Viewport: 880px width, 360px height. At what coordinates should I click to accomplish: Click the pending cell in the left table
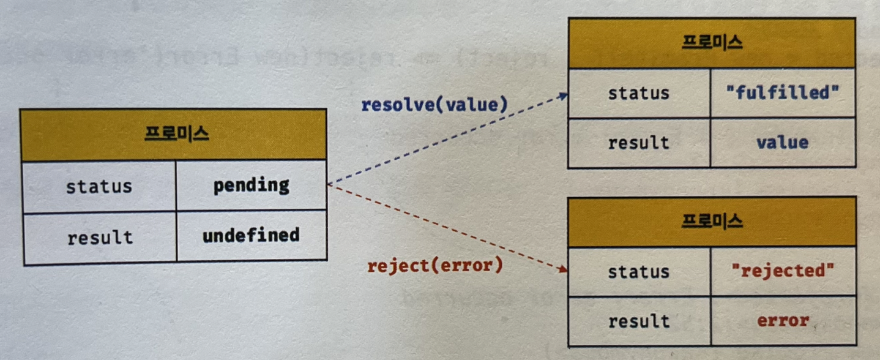pos(251,186)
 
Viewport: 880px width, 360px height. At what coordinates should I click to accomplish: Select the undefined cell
pos(251,235)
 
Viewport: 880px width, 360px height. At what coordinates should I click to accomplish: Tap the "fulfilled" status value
pos(782,94)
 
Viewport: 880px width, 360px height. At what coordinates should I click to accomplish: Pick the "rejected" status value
pos(782,271)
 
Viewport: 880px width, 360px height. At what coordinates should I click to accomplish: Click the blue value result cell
pos(782,143)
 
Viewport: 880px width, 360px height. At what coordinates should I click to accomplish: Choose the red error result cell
pos(782,320)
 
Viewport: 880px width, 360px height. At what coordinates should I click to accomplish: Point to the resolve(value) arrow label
pos(434,105)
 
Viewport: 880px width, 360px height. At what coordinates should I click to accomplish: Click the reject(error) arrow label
pos(434,266)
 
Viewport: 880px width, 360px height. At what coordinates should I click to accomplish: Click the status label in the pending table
pos(99,186)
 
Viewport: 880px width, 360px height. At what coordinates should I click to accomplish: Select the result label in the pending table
pos(99,236)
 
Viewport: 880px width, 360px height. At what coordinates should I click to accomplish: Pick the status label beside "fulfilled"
pos(638,94)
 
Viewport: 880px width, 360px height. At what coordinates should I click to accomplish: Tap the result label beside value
pos(638,143)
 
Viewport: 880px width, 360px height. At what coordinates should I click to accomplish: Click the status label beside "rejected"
pos(638,271)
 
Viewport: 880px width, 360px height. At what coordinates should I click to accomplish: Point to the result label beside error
pos(638,320)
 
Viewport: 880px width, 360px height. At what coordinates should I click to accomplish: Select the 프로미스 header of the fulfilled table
pos(712,42)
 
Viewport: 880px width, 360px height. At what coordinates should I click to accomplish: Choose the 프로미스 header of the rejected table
pos(712,221)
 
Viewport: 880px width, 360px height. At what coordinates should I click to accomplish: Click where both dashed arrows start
pos(329,184)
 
